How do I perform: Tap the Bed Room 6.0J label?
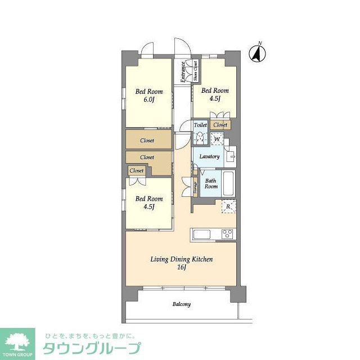coord(148,96)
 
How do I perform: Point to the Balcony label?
coord(181,304)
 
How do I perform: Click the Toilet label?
coord(200,125)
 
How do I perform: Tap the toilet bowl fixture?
coord(200,137)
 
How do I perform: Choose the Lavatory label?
coord(209,156)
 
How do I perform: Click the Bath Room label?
coord(211,183)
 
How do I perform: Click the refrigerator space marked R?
coord(228,206)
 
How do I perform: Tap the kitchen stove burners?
coord(228,234)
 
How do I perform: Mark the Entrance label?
coord(183,72)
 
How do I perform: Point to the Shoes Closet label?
coord(195,71)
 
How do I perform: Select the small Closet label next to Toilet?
coord(220,125)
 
